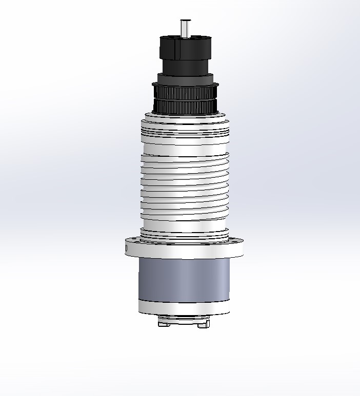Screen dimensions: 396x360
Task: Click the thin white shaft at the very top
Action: pos(185,27)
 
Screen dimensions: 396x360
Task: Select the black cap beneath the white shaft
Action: pos(185,47)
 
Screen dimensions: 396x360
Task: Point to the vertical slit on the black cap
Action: pos(176,48)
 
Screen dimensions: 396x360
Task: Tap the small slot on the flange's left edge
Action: pos(126,248)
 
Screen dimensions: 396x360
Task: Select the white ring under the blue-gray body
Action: pos(185,307)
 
